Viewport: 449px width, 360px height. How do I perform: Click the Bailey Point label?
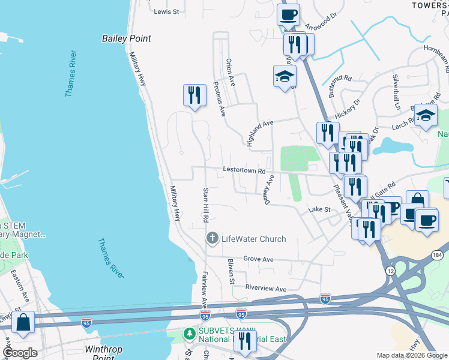click(x=125, y=38)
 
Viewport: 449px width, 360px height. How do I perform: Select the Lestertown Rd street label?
click(x=244, y=170)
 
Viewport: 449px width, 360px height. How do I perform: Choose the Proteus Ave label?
click(x=218, y=98)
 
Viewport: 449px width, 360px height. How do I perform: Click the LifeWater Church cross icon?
click(x=211, y=239)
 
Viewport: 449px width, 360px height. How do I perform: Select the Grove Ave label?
click(x=258, y=260)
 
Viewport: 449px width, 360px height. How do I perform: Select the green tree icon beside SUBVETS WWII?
click(x=189, y=333)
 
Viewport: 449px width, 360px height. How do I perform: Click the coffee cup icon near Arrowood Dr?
click(x=289, y=14)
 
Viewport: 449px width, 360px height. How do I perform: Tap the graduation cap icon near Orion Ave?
click(x=285, y=76)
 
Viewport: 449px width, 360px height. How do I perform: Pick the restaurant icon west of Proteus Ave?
click(x=194, y=95)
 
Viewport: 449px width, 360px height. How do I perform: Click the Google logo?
click(x=20, y=353)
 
